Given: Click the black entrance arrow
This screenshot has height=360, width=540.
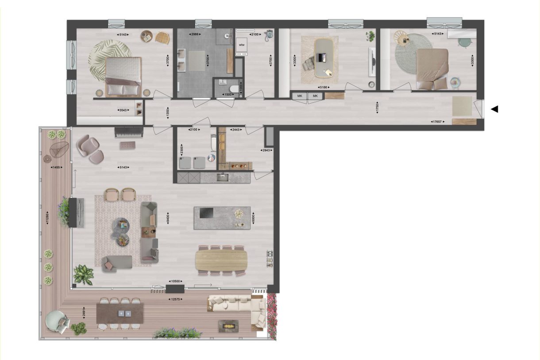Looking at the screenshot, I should (495, 109).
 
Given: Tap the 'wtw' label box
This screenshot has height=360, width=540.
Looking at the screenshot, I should (242, 45).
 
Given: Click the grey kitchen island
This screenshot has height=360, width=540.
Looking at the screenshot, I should (222, 217).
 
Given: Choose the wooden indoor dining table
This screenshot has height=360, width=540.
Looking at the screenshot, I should (221, 260).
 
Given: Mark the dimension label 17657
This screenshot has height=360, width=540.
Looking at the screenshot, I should (438, 122).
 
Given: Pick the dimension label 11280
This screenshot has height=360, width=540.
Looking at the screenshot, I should (46, 218).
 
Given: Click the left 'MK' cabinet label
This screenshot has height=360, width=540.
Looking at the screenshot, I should (300, 96).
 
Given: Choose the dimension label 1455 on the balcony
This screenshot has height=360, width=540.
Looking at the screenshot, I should (56, 167).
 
